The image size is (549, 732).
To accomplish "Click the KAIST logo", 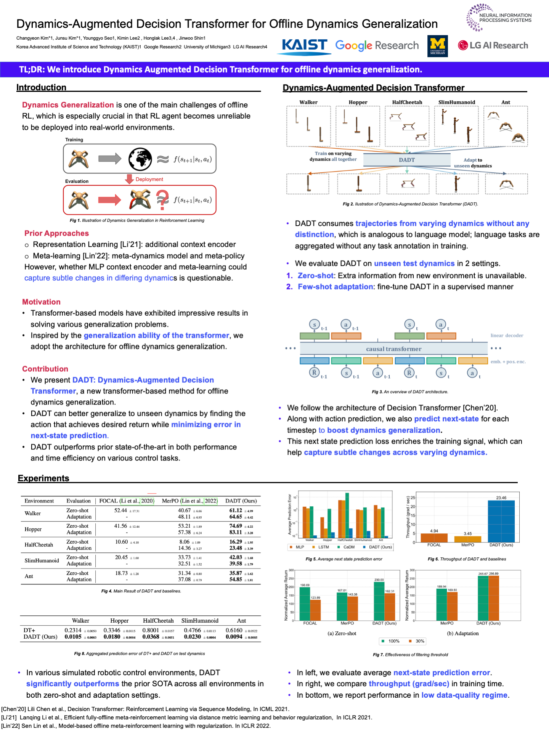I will pyautogui.click(x=304, y=46).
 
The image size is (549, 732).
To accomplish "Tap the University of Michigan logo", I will pyautogui.click(x=437, y=46).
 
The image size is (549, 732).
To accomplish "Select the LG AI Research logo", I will pyautogui.click(x=493, y=45).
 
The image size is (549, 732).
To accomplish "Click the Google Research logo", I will pyautogui.click(x=377, y=46).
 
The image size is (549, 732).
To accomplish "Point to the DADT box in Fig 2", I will pyautogui.click(x=406, y=160).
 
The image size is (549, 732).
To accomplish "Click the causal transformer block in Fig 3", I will pyautogui.click(x=393, y=348).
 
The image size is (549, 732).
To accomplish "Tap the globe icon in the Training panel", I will pyautogui.click(x=140, y=159).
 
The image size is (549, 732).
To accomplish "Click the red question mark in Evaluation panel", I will pyautogui.click(x=162, y=200).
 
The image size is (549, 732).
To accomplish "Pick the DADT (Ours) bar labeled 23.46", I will pyautogui.click(x=501, y=521).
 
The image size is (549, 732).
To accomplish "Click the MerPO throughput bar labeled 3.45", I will pyautogui.click(x=467, y=539).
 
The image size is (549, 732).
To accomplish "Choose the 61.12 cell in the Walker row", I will pyautogui.click(x=236, y=510).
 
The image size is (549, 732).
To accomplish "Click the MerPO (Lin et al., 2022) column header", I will pyautogui.click(x=189, y=501).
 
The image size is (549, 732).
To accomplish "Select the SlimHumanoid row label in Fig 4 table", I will pyautogui.click(x=42, y=560).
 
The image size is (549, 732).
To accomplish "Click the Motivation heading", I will pyautogui.click(x=41, y=302).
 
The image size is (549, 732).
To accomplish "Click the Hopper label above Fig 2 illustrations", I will pyautogui.click(x=358, y=102).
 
